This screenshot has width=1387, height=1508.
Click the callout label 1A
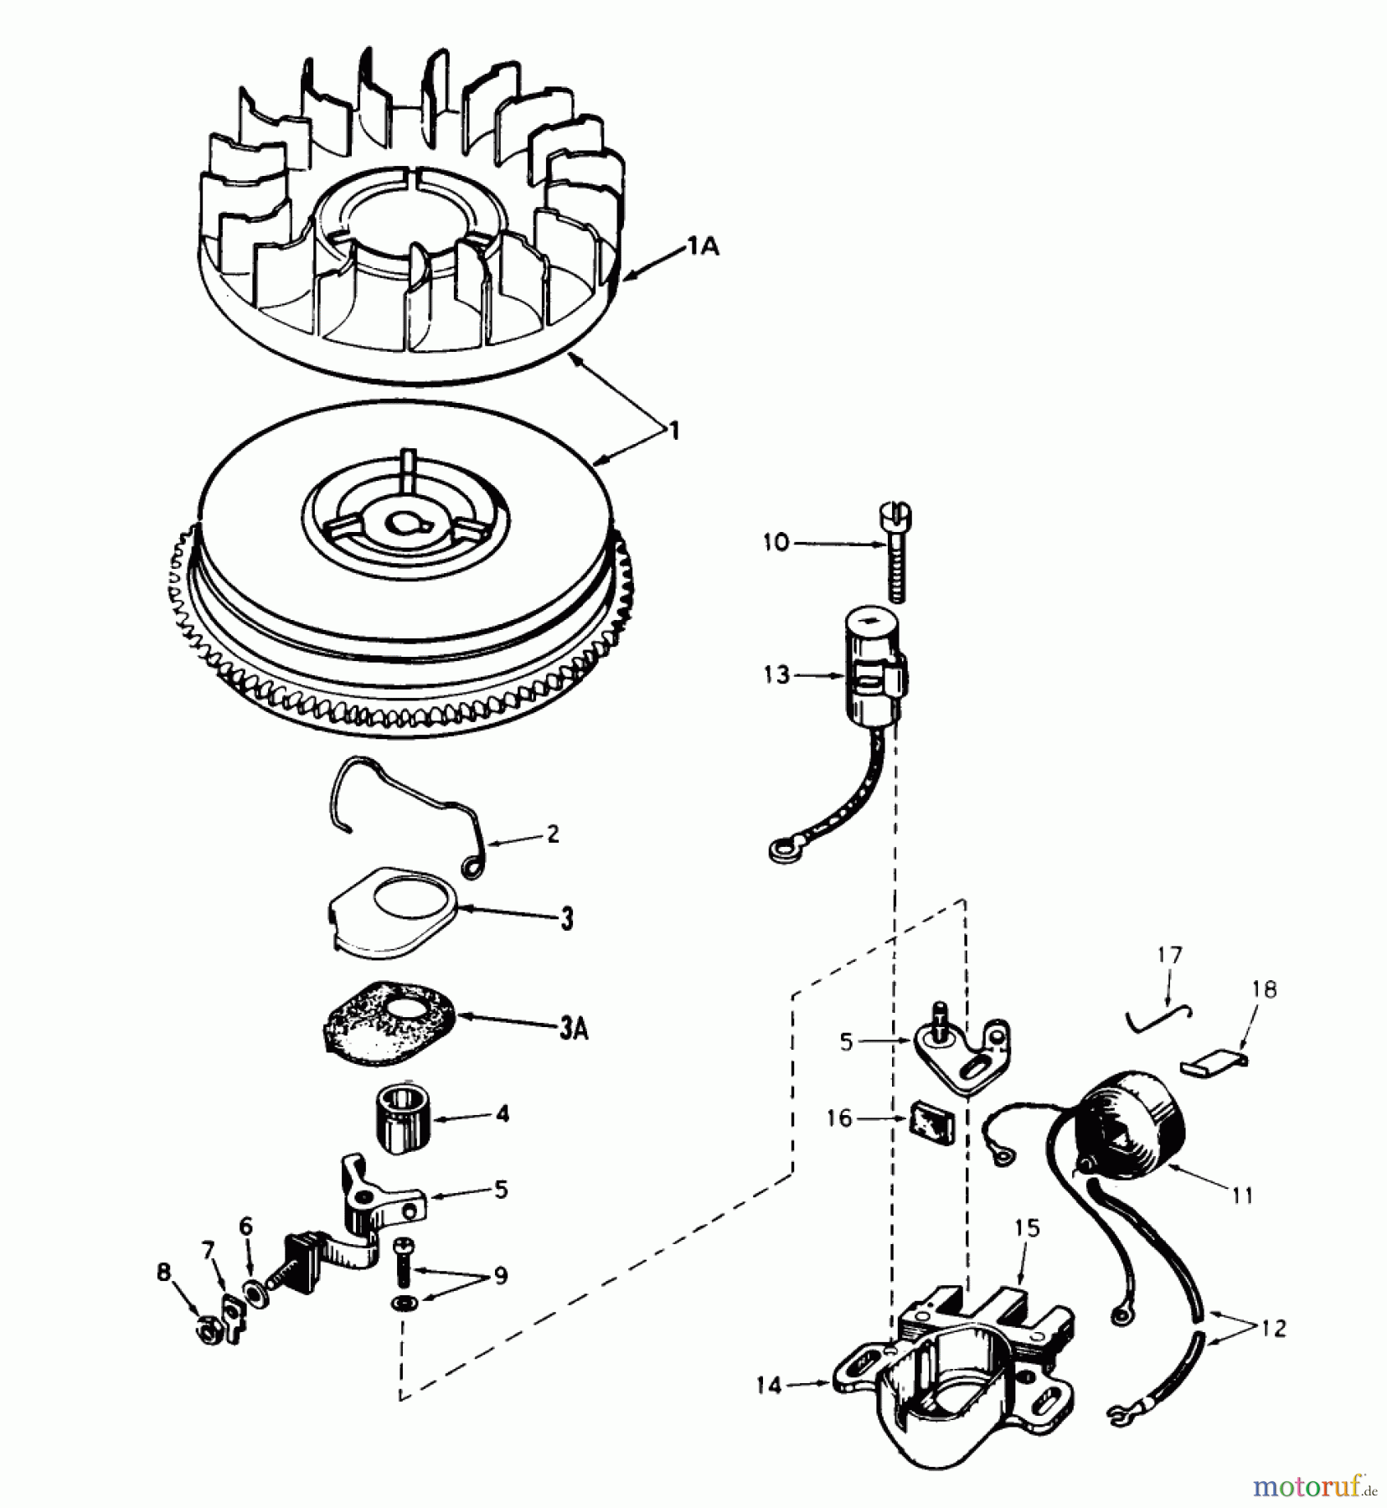coord(704,247)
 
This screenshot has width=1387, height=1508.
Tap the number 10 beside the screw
coord(776,542)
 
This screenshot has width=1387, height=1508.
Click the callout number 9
coord(500,1276)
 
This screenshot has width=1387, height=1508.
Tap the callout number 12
coord(1273,1328)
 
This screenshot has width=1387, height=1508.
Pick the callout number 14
coord(768,1387)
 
